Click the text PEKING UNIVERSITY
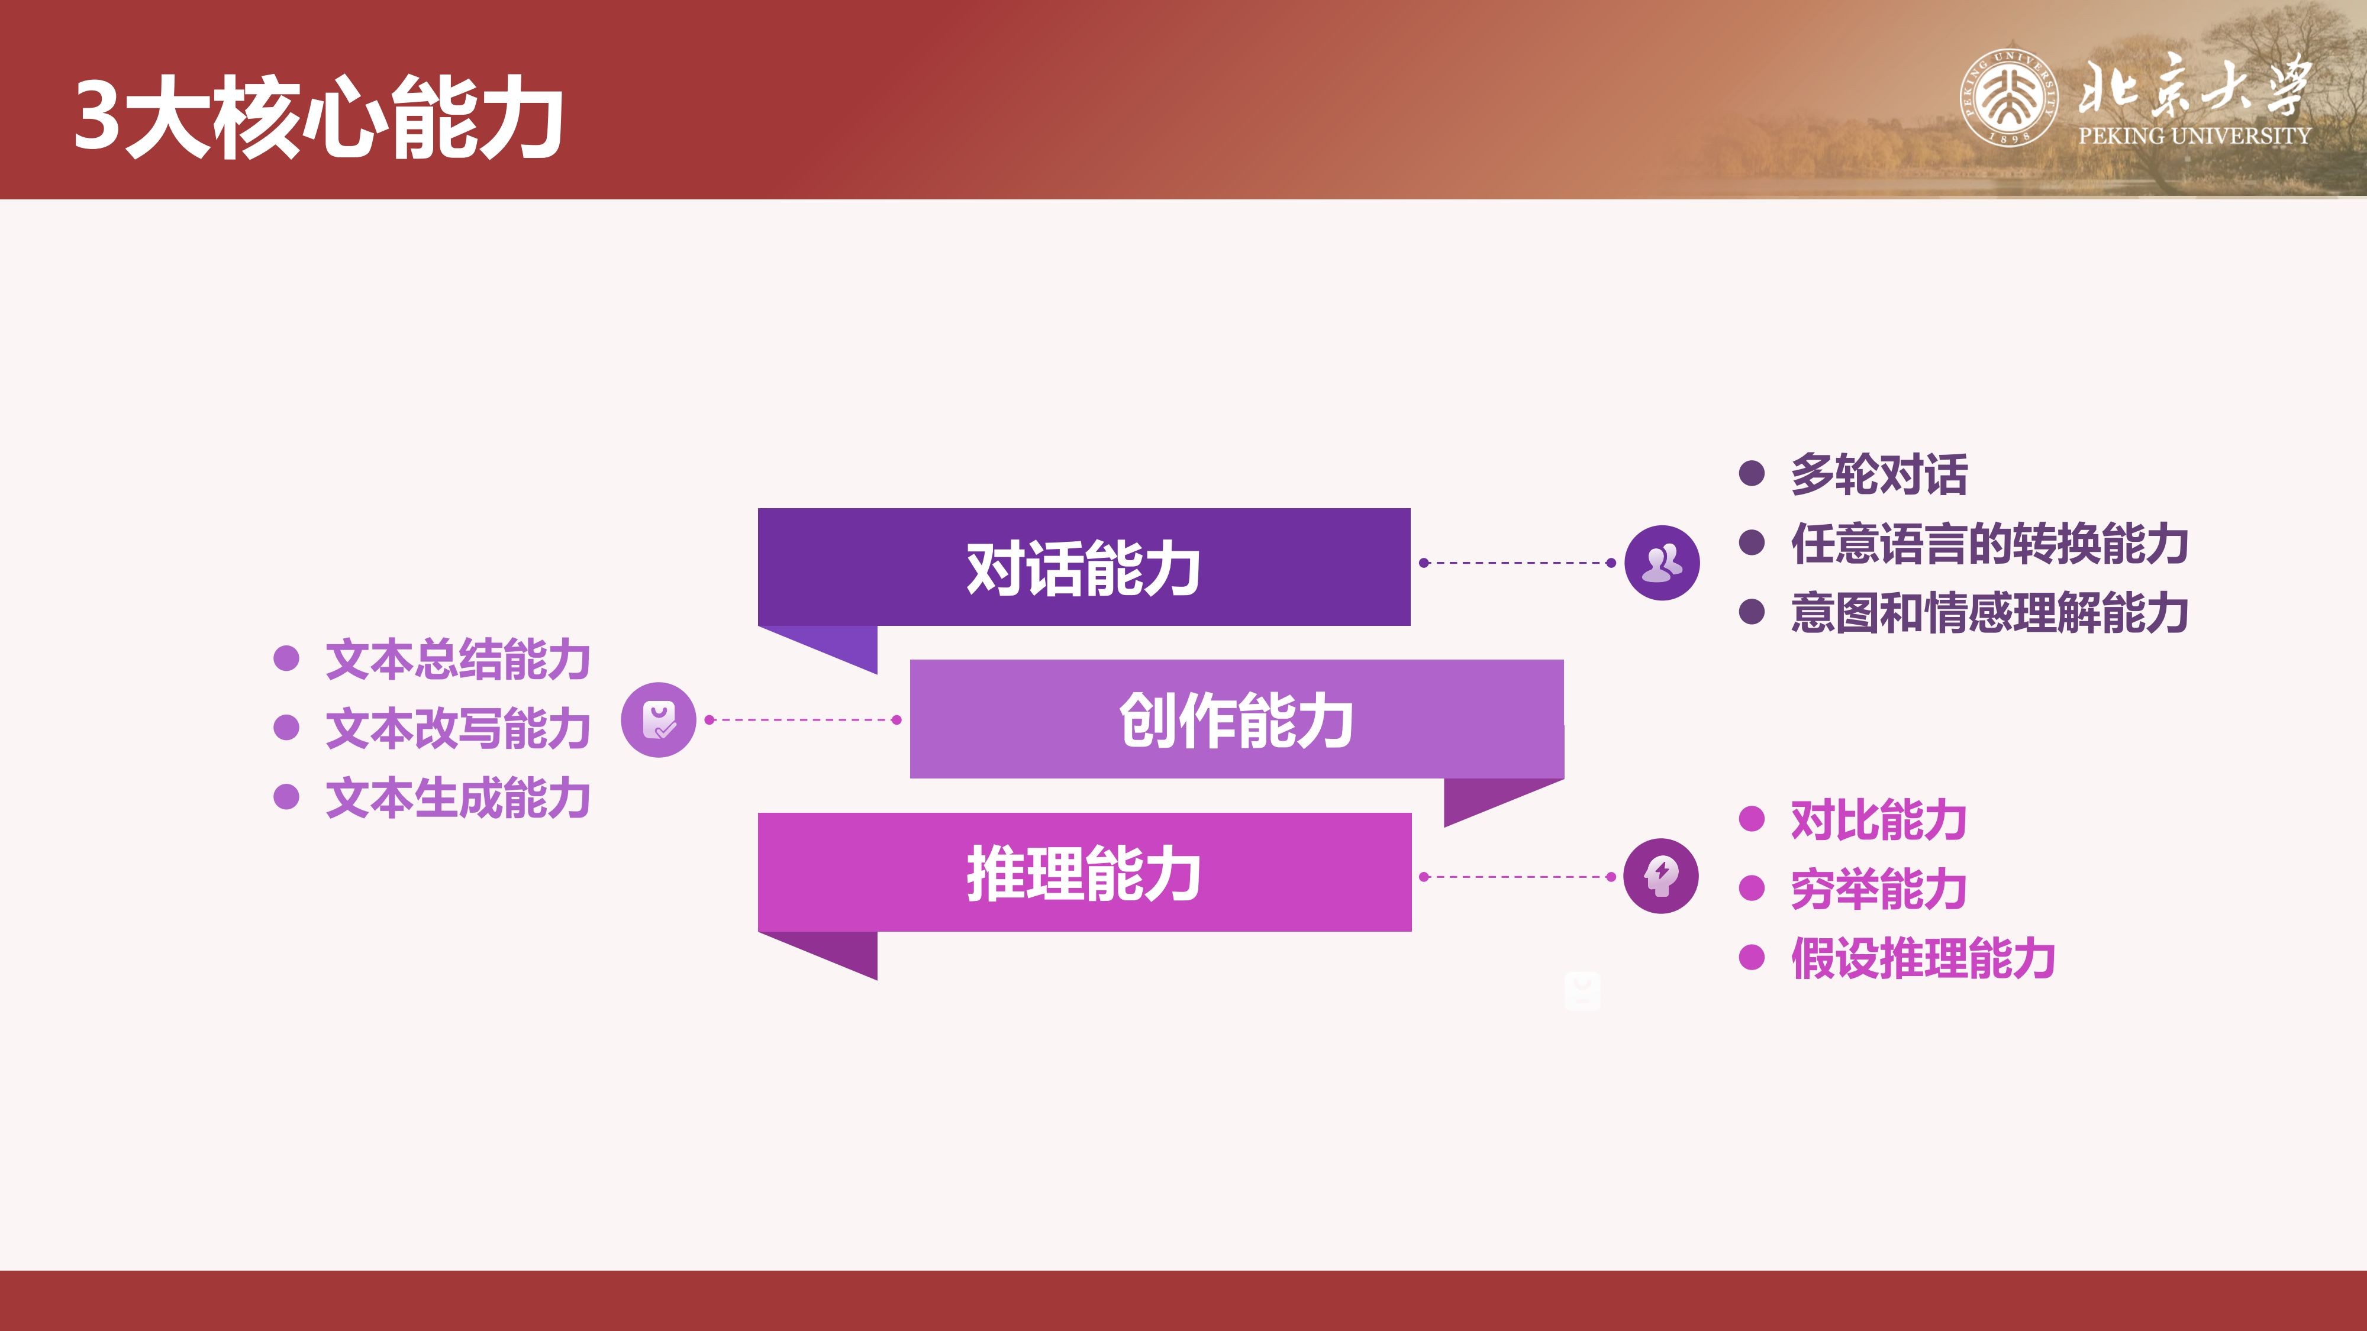coord(2194,136)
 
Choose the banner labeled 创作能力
coord(1237,719)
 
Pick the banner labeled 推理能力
coord(1084,872)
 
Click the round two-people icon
coord(1662,563)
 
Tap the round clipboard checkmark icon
coord(659,720)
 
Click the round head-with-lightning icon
coord(1661,876)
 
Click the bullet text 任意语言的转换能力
coord(1989,543)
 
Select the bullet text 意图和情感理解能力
coord(1989,613)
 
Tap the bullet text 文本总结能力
coord(457,660)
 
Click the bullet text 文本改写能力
coord(457,728)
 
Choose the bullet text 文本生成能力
coord(457,797)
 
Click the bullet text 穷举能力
coord(1879,889)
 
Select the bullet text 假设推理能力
coord(1923,958)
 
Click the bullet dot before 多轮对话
coord(1752,473)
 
